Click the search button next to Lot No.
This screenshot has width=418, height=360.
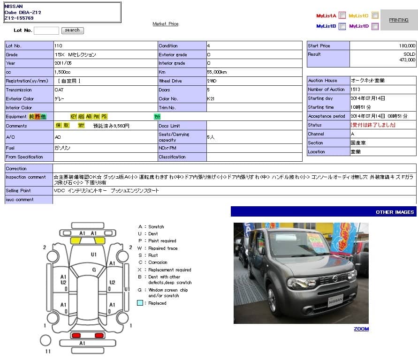click(72, 30)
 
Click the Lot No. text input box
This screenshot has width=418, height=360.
click(46, 30)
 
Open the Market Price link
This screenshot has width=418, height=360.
click(166, 24)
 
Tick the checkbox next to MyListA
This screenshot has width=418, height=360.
click(342, 15)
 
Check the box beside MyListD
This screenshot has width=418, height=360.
click(375, 26)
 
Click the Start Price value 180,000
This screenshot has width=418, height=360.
click(407, 46)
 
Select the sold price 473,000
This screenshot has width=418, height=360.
click(407, 60)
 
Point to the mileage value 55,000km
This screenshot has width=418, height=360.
click(217, 72)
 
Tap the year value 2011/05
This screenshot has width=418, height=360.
click(63, 63)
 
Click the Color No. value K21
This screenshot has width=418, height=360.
click(211, 99)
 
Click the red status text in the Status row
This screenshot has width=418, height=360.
click(373, 125)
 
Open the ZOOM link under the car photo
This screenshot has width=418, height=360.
click(361, 329)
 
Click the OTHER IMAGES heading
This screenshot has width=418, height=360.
click(395, 212)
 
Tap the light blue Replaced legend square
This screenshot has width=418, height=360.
click(140, 303)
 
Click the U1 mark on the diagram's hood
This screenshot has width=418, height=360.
click(94, 255)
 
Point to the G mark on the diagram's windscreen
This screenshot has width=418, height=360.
click(94, 270)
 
